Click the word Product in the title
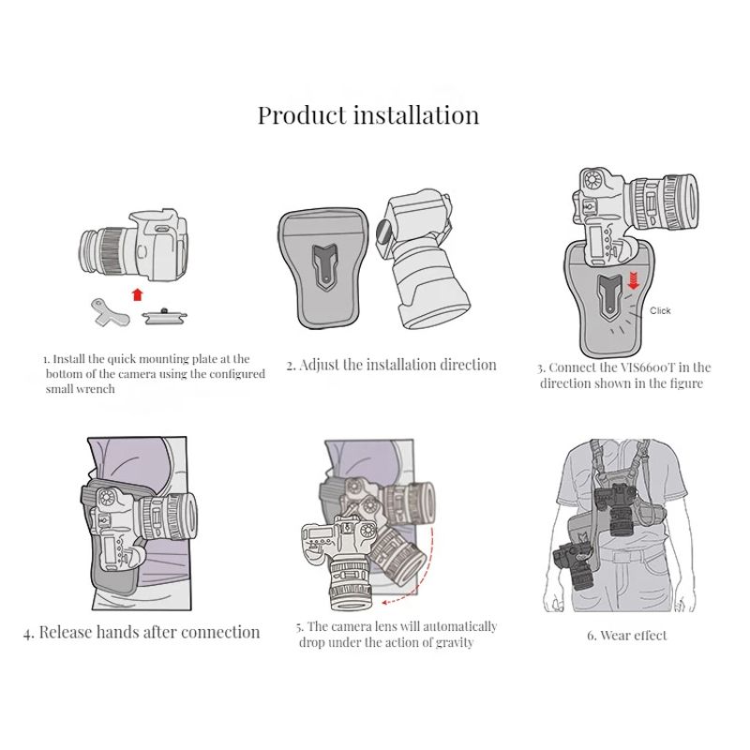[302, 115]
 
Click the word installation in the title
[416, 114]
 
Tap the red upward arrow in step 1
[138, 294]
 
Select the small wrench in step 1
[110, 312]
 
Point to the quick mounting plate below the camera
[164, 316]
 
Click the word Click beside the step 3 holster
[660, 311]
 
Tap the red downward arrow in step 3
[634, 280]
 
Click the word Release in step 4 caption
[66, 632]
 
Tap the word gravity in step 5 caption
[454, 642]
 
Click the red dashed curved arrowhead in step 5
[386, 602]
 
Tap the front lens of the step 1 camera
[90, 252]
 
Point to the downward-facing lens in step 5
[349, 583]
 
